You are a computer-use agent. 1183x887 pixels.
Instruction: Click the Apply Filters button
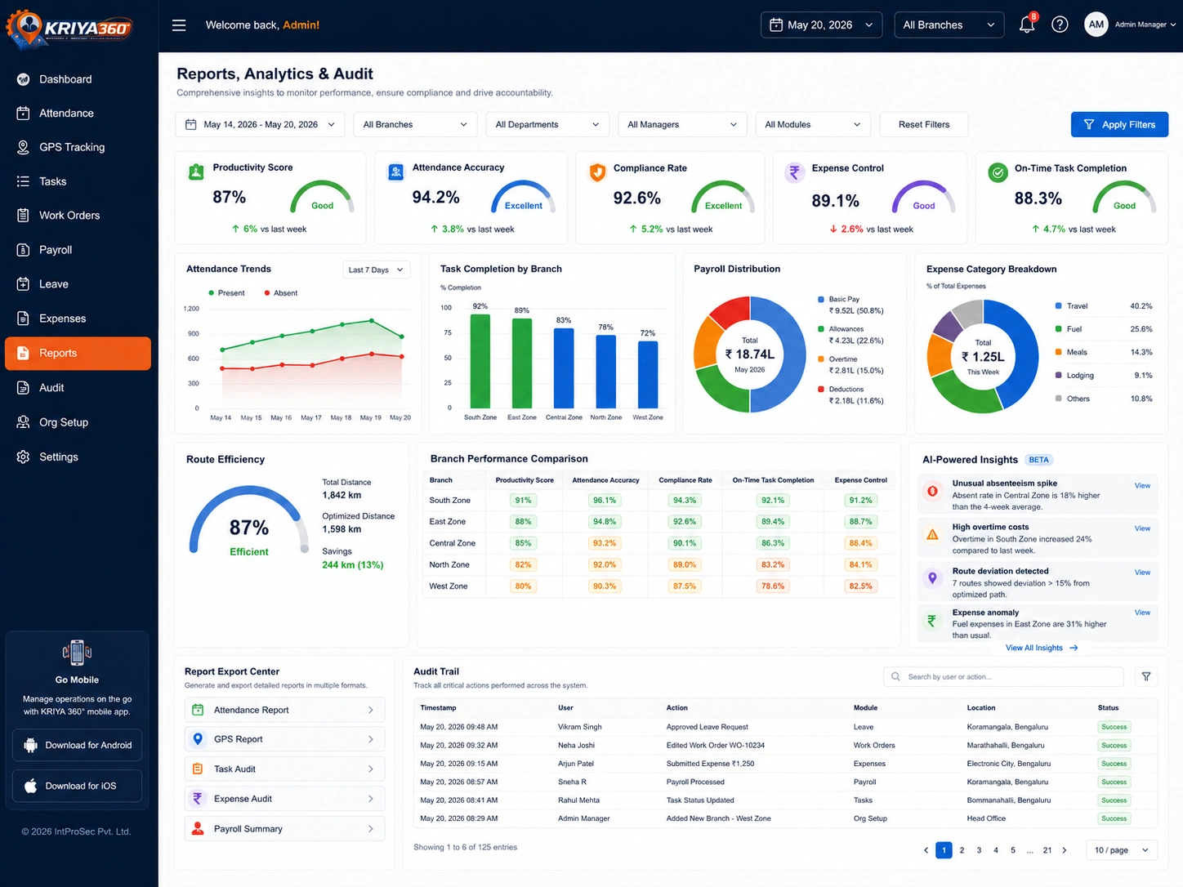pyautogui.click(x=1118, y=124)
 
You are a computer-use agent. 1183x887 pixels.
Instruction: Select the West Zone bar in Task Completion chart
pyautogui.click(x=647, y=374)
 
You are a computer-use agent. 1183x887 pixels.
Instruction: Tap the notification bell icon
pyautogui.click(x=1026, y=25)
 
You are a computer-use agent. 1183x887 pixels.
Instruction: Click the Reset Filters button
pyautogui.click(x=923, y=124)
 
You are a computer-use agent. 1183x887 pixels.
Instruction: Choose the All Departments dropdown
pyautogui.click(x=547, y=124)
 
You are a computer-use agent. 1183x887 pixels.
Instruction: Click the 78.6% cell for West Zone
pyautogui.click(x=772, y=586)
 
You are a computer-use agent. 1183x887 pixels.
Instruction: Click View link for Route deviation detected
pyautogui.click(x=1142, y=572)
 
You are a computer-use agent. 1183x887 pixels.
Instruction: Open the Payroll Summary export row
pyautogui.click(x=284, y=828)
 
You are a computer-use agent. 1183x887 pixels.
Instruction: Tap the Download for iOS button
pyautogui.click(x=77, y=786)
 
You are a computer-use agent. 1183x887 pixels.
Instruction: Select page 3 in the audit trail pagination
pyautogui.click(x=979, y=850)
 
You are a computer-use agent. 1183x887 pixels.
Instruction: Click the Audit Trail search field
pyautogui.click(x=1003, y=676)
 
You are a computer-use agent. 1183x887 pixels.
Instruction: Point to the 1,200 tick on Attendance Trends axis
pyautogui.click(x=191, y=309)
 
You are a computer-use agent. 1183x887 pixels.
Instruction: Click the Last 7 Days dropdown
pyautogui.click(x=376, y=270)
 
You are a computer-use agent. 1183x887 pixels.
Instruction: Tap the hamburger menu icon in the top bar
pyautogui.click(x=179, y=25)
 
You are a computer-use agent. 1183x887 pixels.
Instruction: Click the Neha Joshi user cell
pyautogui.click(x=576, y=746)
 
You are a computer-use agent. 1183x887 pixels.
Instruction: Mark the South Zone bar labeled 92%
pyautogui.click(x=480, y=361)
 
